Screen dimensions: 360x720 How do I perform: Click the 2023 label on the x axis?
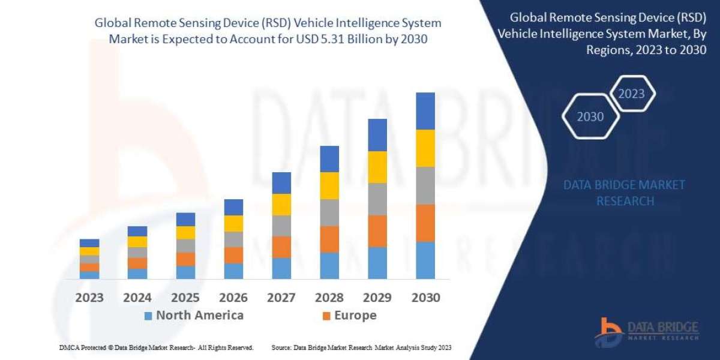pyautogui.click(x=89, y=298)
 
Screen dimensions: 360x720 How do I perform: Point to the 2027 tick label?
pyautogui.click(x=281, y=298)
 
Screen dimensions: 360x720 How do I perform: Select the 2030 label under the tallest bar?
pyautogui.click(x=425, y=298)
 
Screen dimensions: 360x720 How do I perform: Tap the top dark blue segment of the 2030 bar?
pyautogui.click(x=425, y=111)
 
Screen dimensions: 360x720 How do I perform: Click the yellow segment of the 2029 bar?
pyautogui.click(x=377, y=167)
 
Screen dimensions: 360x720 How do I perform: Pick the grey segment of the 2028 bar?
pyautogui.click(x=329, y=212)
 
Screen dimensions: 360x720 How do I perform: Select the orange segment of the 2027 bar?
pyautogui.click(x=281, y=247)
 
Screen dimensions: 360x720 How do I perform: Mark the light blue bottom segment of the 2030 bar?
pyautogui.click(x=425, y=260)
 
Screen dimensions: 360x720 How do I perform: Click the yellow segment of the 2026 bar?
pyautogui.click(x=233, y=223)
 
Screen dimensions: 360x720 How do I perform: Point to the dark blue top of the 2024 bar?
pyautogui.click(x=137, y=231)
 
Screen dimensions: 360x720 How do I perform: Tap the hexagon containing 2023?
pyautogui.click(x=631, y=94)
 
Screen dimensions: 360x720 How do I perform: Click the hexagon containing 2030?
pyautogui.click(x=590, y=117)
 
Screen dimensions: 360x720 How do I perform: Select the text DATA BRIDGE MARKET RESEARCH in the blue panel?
pyautogui.click(x=624, y=193)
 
